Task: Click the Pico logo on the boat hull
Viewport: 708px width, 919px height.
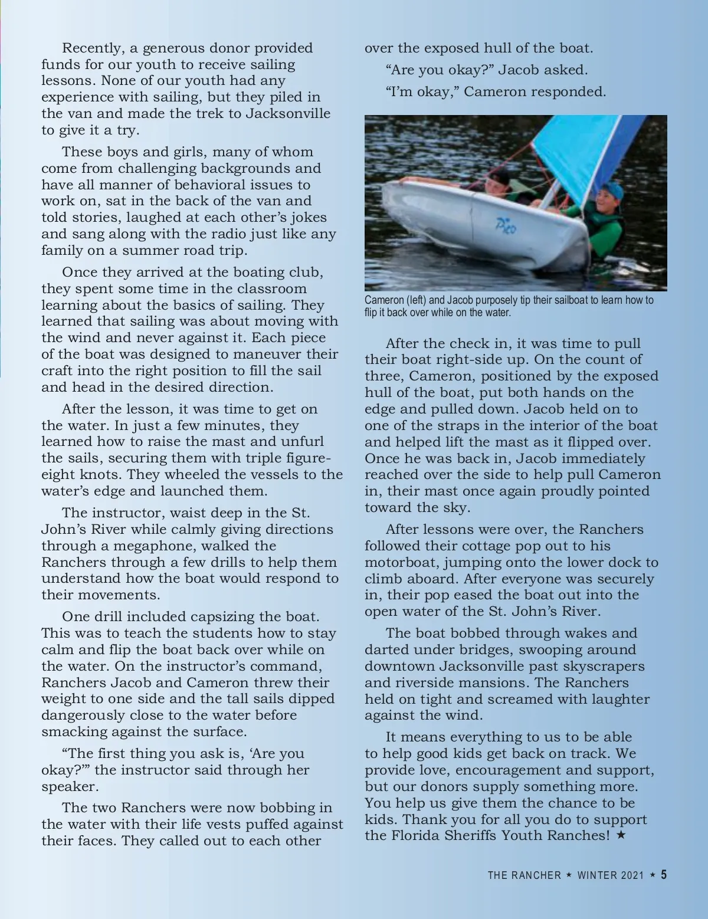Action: (x=506, y=225)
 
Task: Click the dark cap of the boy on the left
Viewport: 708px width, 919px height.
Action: (x=499, y=176)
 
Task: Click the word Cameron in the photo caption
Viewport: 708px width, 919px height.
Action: (x=384, y=300)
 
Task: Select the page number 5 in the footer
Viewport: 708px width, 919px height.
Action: (x=664, y=875)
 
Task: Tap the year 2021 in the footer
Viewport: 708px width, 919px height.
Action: (x=632, y=875)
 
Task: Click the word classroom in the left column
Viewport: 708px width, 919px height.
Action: (x=272, y=289)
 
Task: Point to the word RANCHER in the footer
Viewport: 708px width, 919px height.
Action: (x=538, y=875)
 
